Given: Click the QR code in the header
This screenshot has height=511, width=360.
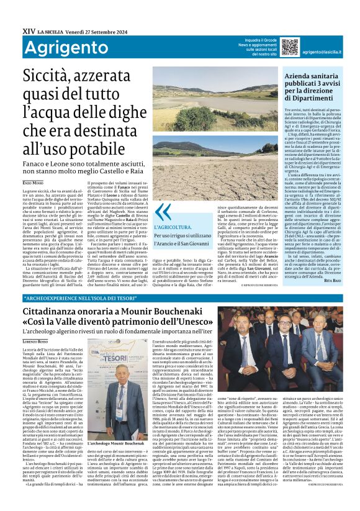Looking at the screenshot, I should tap(290, 47).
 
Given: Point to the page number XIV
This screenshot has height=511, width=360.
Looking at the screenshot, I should tap(29, 29).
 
